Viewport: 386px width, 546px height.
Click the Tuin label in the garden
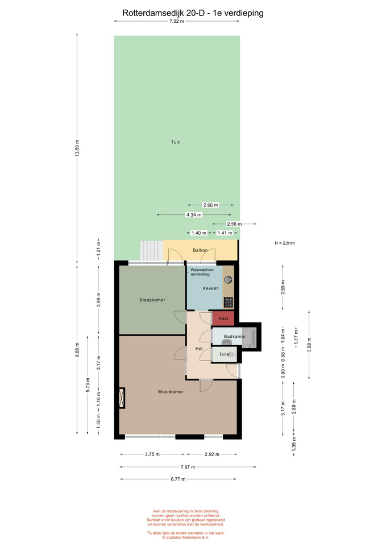point(176,142)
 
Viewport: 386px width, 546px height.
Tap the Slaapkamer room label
point(152,300)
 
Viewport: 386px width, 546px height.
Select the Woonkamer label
point(170,392)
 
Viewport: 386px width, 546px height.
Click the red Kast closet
point(223,318)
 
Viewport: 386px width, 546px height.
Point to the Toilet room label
point(225,354)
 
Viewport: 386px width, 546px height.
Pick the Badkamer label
point(235,336)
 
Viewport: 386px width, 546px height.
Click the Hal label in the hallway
point(199,349)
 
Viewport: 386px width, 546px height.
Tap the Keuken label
point(211,288)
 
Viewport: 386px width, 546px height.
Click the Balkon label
point(200,250)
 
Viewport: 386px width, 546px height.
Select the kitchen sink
point(229,279)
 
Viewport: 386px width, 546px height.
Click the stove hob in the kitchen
point(229,302)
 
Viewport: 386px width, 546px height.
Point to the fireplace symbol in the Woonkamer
point(122,398)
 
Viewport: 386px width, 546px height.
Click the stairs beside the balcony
point(152,250)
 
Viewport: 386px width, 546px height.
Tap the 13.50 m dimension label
point(77,148)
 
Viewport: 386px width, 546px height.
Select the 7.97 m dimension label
point(188,467)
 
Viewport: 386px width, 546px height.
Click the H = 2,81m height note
point(285,243)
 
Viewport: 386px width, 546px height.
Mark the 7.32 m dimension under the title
point(176,21)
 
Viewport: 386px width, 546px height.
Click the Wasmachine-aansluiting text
point(202,272)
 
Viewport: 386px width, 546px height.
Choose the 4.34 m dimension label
point(194,215)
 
